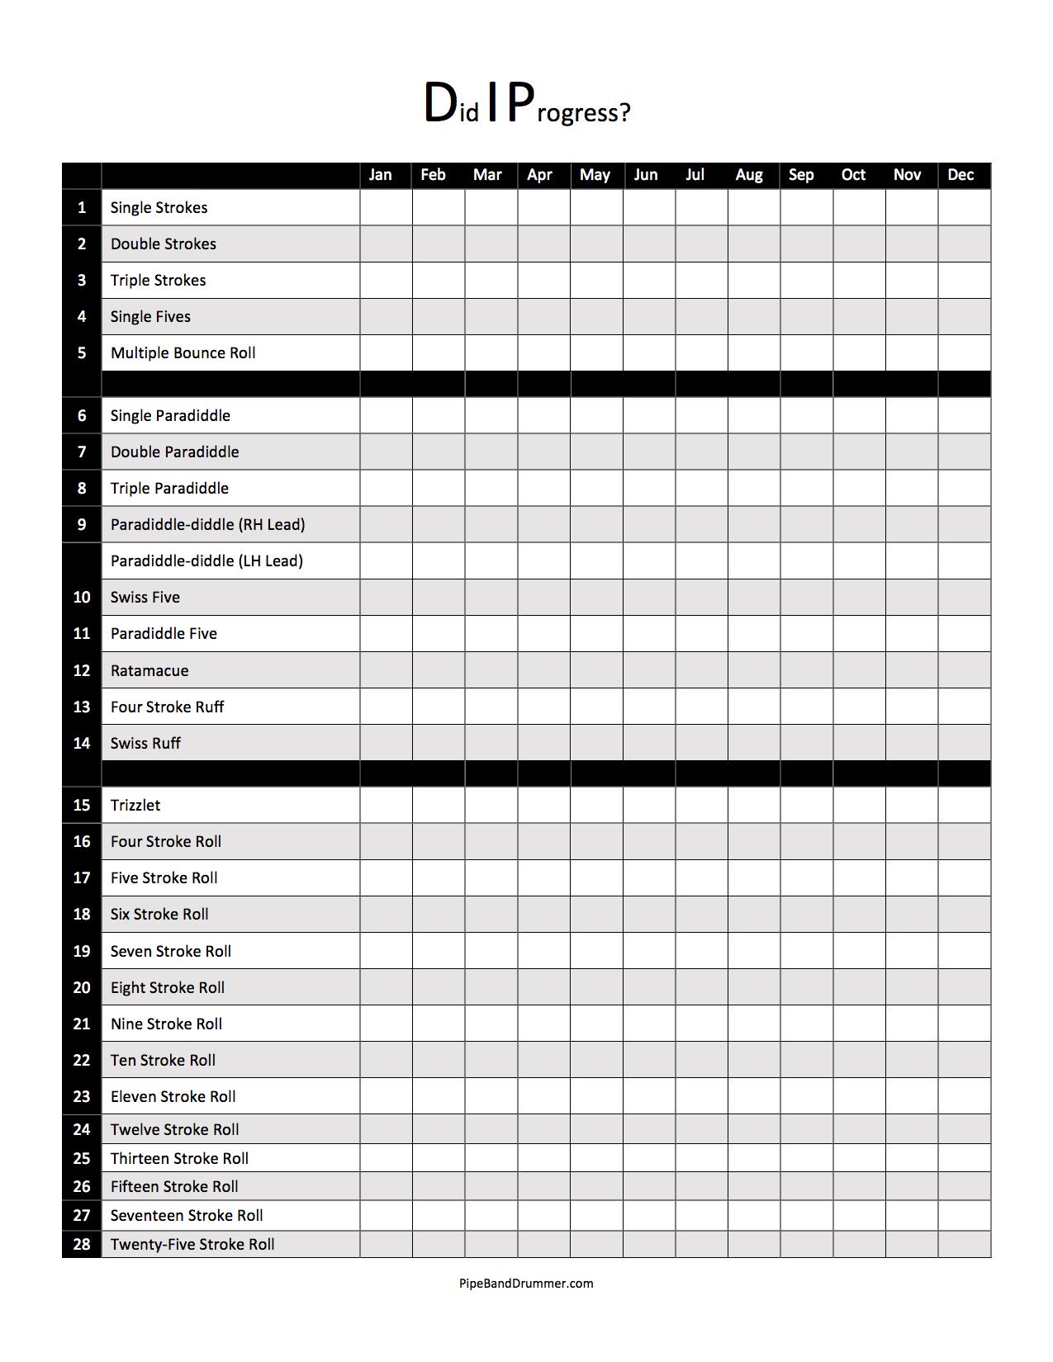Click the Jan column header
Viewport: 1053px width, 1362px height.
pos(380,175)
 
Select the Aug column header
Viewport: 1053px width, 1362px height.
pos(749,175)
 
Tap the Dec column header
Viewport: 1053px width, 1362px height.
pos(961,175)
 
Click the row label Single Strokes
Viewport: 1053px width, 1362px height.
pos(159,208)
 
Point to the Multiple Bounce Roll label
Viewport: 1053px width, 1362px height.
pos(183,353)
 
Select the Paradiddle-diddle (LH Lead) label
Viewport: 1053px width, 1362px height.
pos(206,561)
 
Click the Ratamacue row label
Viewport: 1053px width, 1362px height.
pos(149,671)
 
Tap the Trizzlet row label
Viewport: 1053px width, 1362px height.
pos(135,806)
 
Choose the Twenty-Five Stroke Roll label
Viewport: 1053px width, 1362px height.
pos(192,1245)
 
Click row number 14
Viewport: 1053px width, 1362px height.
pos(82,744)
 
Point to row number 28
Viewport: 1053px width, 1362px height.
pos(82,1245)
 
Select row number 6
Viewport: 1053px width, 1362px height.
pos(82,416)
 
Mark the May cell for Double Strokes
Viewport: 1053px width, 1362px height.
pos(596,244)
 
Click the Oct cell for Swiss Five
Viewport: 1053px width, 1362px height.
pos(859,598)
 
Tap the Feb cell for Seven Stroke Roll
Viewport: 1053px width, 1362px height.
pos(439,951)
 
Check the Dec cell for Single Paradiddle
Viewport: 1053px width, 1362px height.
pos(964,416)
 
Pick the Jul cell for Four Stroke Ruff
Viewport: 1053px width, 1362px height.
pos(701,707)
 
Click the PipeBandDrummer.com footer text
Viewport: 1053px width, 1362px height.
pos(526,1284)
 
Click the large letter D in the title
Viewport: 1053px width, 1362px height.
pos(440,103)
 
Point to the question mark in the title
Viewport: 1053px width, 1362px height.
pos(624,112)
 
